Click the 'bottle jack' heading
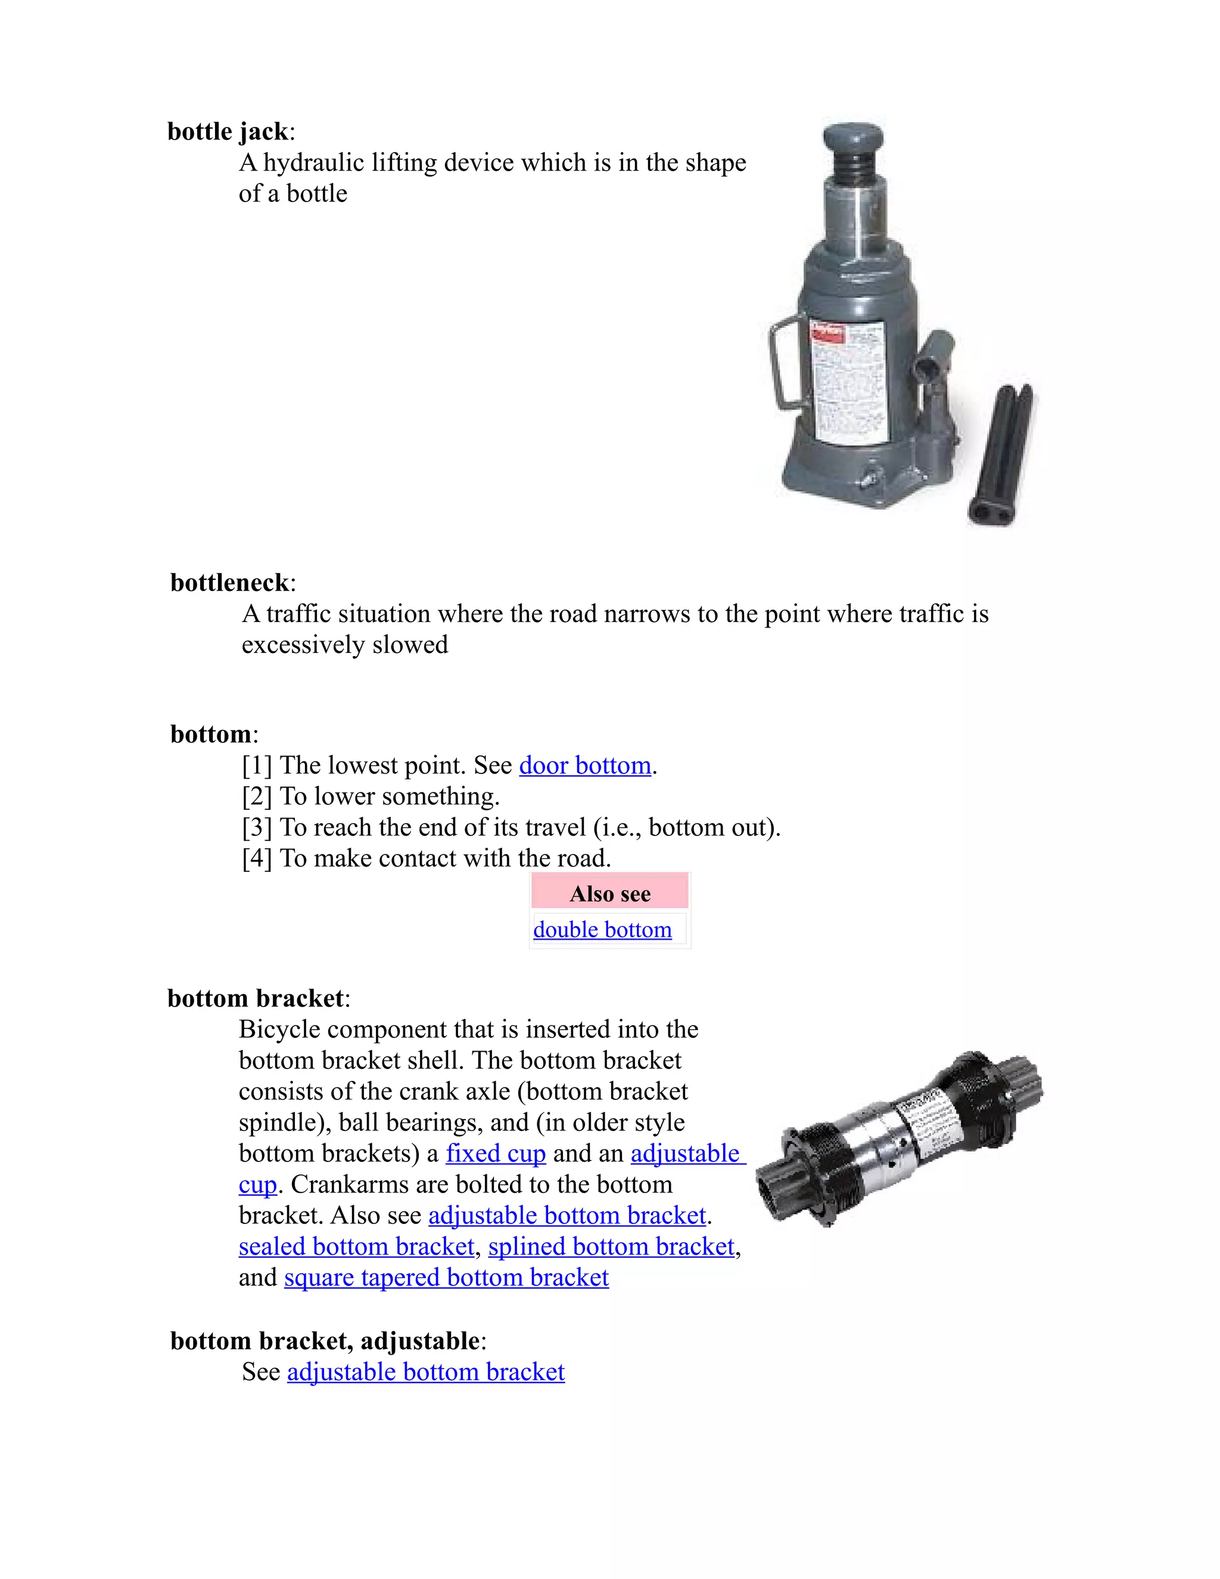(x=228, y=132)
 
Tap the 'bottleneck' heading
(x=230, y=583)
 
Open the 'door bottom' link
(x=585, y=766)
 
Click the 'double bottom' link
(x=602, y=930)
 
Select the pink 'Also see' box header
(x=609, y=894)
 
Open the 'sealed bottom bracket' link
(x=356, y=1247)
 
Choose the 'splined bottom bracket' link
(x=611, y=1247)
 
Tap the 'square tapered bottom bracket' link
(x=446, y=1278)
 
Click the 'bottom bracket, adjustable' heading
(x=325, y=1341)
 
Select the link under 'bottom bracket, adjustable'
(x=426, y=1372)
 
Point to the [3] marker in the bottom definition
(x=257, y=827)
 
